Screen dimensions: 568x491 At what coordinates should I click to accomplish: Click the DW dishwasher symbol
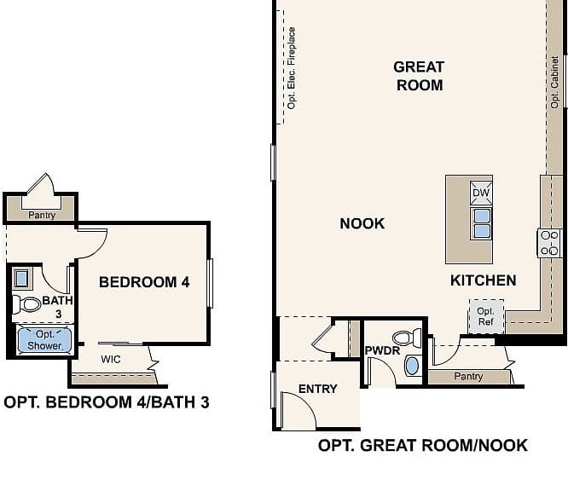[481, 193]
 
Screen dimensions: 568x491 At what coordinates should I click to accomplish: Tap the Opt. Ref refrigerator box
[486, 316]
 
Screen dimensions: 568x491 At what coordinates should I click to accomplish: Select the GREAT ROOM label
[419, 76]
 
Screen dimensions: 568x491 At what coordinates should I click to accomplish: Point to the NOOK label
[362, 223]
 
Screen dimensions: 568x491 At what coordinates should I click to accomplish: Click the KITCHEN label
[484, 280]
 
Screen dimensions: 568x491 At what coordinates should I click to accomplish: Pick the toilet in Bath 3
[26, 304]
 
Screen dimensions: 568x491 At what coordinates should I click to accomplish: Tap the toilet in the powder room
[407, 338]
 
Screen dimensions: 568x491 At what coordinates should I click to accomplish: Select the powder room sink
[412, 366]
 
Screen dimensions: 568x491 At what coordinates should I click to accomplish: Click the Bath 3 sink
[21, 278]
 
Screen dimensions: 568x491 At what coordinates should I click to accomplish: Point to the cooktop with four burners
[549, 243]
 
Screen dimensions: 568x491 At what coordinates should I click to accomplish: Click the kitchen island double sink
[481, 223]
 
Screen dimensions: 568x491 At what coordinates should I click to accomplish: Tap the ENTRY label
[318, 389]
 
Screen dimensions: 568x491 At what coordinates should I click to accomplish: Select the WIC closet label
[111, 359]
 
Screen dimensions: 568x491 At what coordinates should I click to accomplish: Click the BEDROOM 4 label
[144, 282]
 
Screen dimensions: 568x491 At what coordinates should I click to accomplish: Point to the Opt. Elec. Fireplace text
[291, 68]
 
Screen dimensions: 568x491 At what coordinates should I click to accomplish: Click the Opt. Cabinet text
[554, 82]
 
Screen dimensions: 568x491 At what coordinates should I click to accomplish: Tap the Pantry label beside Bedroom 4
[42, 215]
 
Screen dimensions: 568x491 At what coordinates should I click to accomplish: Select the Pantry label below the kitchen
[468, 376]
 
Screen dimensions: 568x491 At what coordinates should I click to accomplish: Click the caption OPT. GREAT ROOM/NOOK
[423, 445]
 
